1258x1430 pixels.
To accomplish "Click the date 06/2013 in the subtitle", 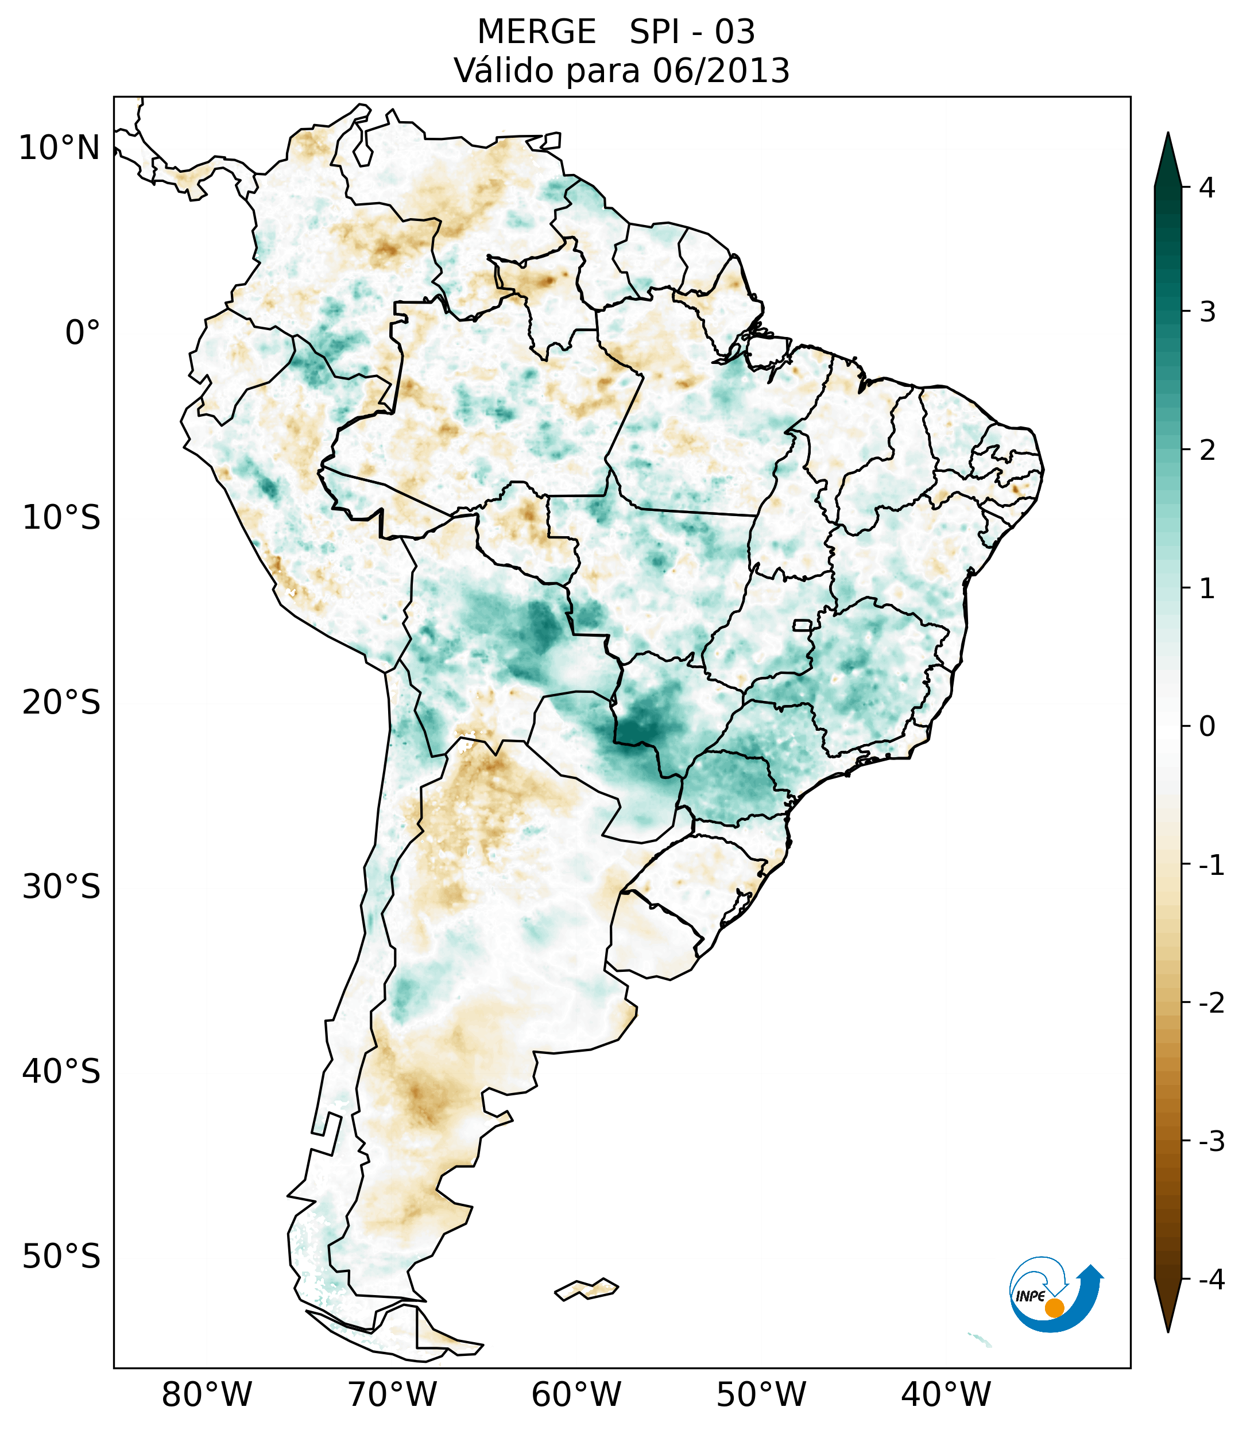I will click(721, 71).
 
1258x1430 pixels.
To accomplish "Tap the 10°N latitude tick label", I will click(60, 148).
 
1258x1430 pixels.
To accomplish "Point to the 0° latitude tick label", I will click(83, 333).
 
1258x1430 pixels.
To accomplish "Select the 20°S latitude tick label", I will click(61, 703).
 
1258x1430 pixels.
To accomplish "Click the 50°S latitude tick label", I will click(61, 1257).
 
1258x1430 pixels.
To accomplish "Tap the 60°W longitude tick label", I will click(576, 1394).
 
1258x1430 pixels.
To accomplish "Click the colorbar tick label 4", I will click(1207, 188).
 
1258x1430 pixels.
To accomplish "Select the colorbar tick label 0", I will click(1207, 727).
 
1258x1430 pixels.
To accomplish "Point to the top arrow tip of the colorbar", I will click(1167, 135).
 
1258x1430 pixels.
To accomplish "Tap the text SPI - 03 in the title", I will click(692, 32).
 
